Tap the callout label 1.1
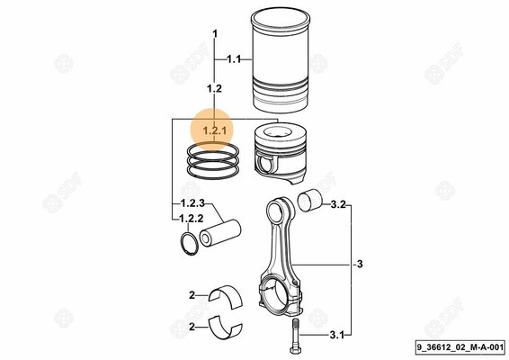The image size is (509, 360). [233, 59]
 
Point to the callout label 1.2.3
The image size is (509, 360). [190, 202]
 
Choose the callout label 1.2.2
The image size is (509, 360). [190, 218]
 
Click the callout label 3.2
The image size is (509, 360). [337, 205]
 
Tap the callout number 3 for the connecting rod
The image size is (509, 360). [358, 265]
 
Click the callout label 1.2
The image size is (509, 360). [214, 88]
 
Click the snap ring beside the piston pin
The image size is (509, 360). [189, 242]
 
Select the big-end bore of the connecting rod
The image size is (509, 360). [277, 293]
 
